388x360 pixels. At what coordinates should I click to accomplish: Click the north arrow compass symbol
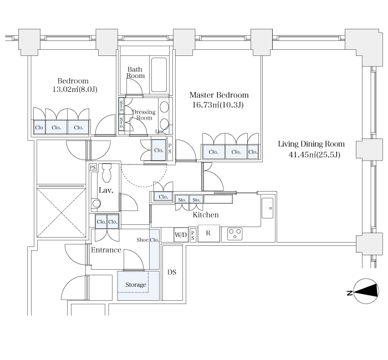click(366, 291)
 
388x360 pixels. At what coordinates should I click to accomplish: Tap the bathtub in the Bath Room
click(159, 75)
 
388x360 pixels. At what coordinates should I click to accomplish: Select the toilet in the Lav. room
click(107, 173)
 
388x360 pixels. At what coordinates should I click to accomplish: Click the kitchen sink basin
click(268, 208)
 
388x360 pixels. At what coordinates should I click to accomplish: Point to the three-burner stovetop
click(234, 234)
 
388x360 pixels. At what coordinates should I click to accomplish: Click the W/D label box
click(181, 234)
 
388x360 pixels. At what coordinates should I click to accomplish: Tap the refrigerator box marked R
click(209, 233)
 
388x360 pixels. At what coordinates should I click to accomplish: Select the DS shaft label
click(172, 272)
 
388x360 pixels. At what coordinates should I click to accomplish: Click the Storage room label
click(136, 285)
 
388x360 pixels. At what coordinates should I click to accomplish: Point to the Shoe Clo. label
click(148, 240)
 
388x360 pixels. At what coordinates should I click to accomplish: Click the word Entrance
click(106, 250)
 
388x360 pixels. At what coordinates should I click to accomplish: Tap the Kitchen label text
click(206, 215)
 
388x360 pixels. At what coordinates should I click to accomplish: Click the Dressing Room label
click(144, 115)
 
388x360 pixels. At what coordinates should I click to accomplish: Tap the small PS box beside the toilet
click(93, 167)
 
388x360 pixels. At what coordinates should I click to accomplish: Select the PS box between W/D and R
click(193, 234)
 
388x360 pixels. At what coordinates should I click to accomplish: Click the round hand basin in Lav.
click(96, 204)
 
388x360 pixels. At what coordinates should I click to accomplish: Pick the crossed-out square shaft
click(61, 213)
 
